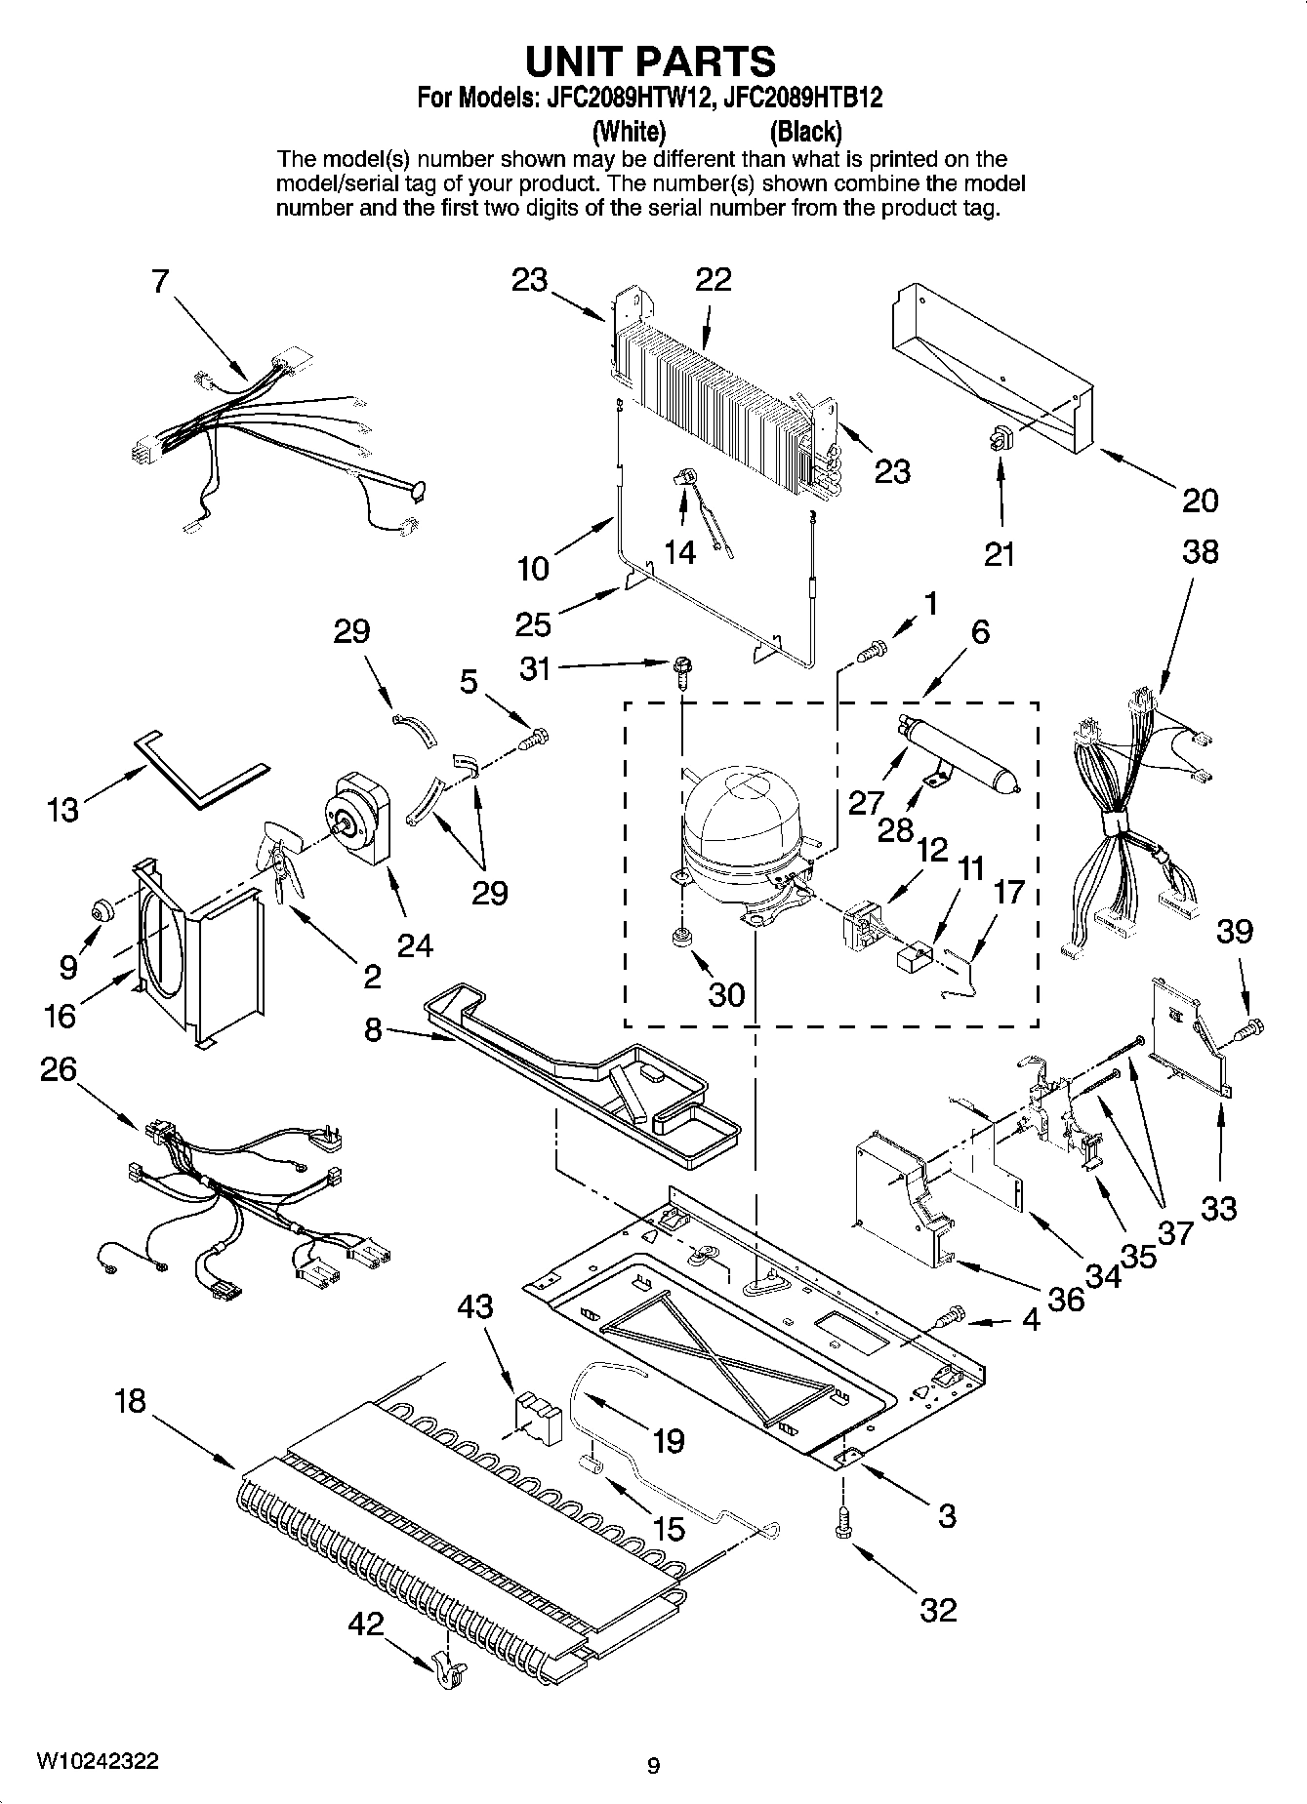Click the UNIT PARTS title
point(650,61)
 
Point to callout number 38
point(1200,552)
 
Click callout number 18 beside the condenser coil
point(129,1401)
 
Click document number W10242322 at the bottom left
point(98,1762)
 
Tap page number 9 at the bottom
point(653,1765)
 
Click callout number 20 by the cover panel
point(1200,501)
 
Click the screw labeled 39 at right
point(1251,1025)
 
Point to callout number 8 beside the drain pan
point(373,1028)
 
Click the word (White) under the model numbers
point(630,131)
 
